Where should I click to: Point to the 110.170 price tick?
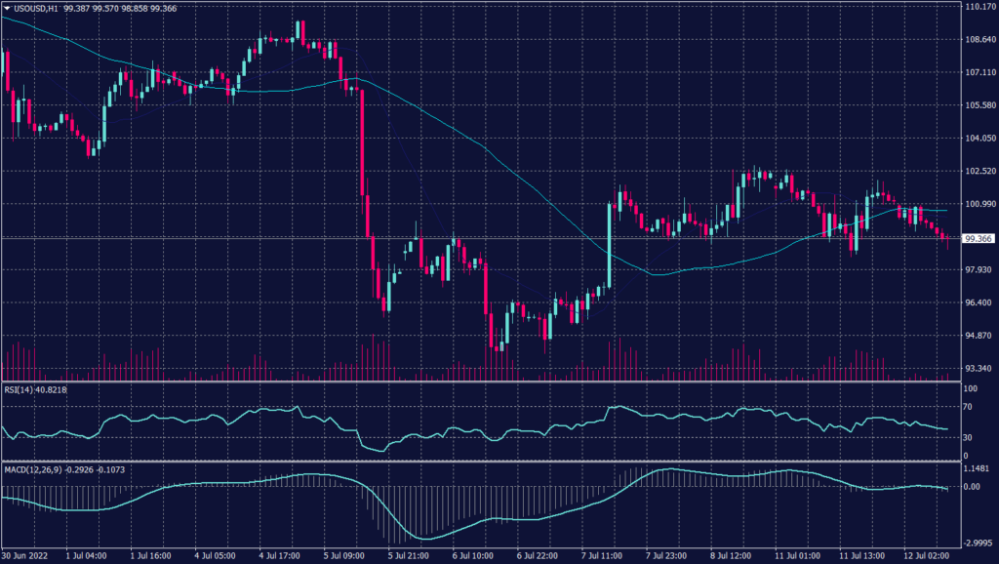coord(979,7)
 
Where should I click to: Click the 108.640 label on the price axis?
coord(979,40)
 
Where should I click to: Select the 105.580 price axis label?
coord(979,105)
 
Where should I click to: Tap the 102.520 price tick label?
coord(979,172)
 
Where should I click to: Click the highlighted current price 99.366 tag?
coord(979,238)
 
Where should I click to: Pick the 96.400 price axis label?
coord(979,302)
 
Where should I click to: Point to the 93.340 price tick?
coord(979,369)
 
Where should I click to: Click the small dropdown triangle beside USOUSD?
coord(7,8)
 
